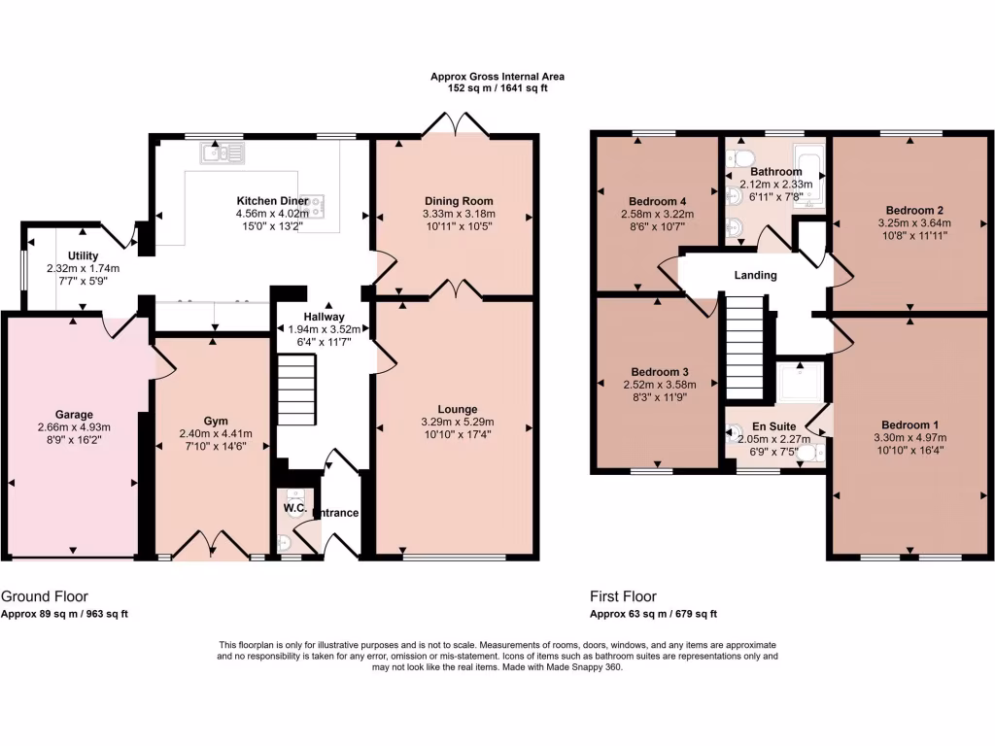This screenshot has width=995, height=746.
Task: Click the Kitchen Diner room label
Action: (258, 200)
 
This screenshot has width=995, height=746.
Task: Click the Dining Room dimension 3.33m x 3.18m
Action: (459, 214)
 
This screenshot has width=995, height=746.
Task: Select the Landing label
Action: (756, 275)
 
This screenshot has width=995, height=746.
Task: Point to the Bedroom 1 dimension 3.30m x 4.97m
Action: (910, 437)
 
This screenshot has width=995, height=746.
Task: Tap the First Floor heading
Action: (623, 596)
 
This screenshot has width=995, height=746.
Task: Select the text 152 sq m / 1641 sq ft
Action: (497, 88)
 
